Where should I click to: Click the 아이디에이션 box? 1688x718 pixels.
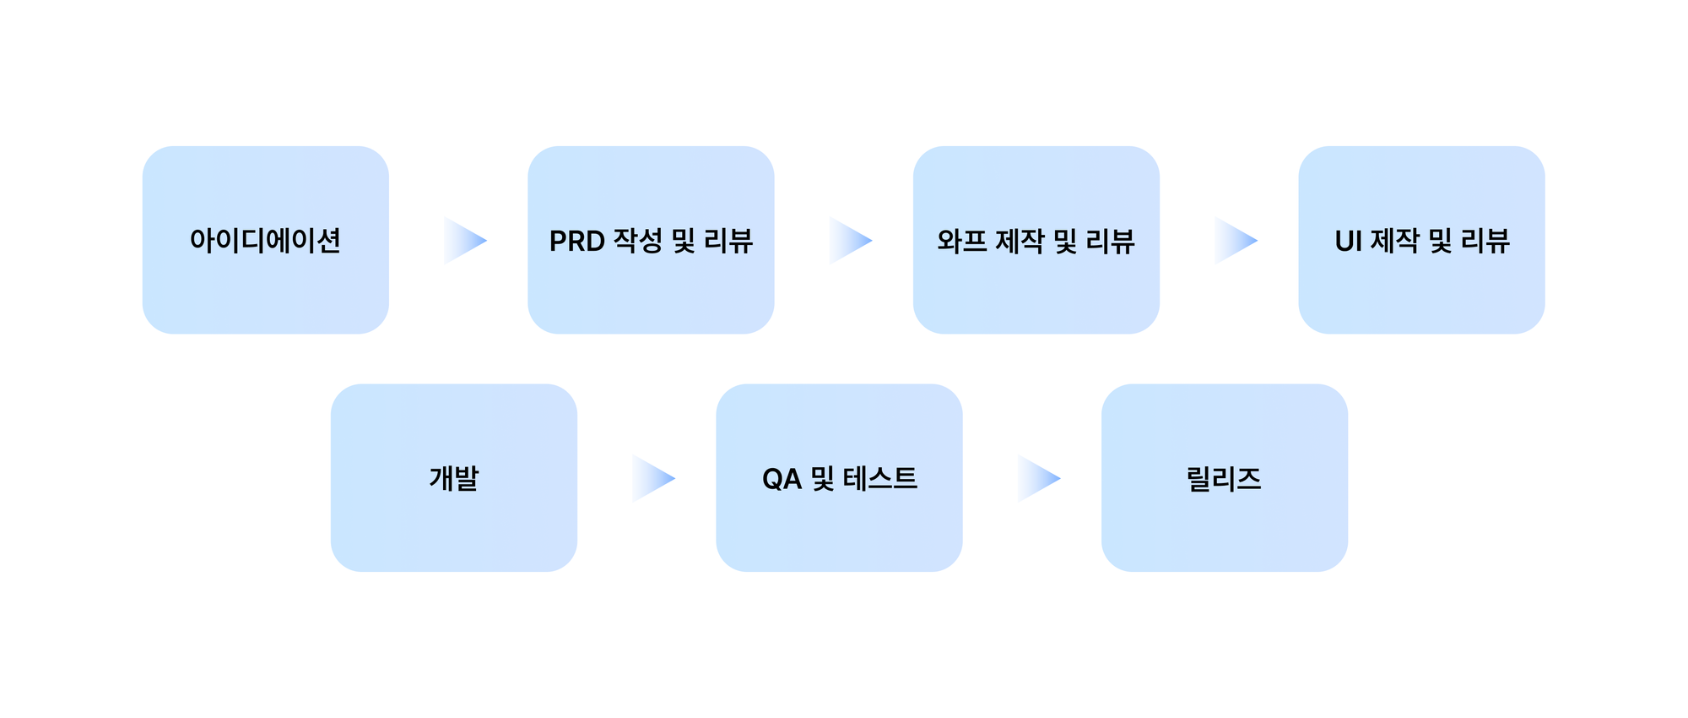pos(265,240)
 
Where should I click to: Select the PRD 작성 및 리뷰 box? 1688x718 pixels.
pos(651,240)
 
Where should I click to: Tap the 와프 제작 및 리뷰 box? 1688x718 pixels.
pos(1036,240)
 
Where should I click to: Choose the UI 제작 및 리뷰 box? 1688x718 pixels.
pos(1421,240)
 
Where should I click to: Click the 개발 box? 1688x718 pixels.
pos(453,478)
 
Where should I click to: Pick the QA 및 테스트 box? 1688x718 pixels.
pos(839,478)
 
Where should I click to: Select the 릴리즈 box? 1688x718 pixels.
pos(1224,478)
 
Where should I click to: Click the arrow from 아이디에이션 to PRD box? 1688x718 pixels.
pos(463,241)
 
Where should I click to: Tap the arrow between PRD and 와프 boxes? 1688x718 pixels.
pos(848,241)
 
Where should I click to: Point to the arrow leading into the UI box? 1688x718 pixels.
pos(1234,241)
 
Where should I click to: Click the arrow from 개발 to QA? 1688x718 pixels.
pos(652,479)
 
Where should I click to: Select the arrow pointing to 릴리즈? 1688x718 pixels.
pos(1036,479)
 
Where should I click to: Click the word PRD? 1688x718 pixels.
pos(577,242)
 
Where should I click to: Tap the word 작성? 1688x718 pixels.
pos(638,241)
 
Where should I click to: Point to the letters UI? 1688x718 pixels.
pos(1348,242)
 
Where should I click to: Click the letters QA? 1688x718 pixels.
pos(782,480)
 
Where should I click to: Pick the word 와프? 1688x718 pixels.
pos(962,242)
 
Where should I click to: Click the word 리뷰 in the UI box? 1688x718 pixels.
pos(1485,241)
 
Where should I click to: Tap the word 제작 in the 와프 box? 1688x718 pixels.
pos(1020,241)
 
